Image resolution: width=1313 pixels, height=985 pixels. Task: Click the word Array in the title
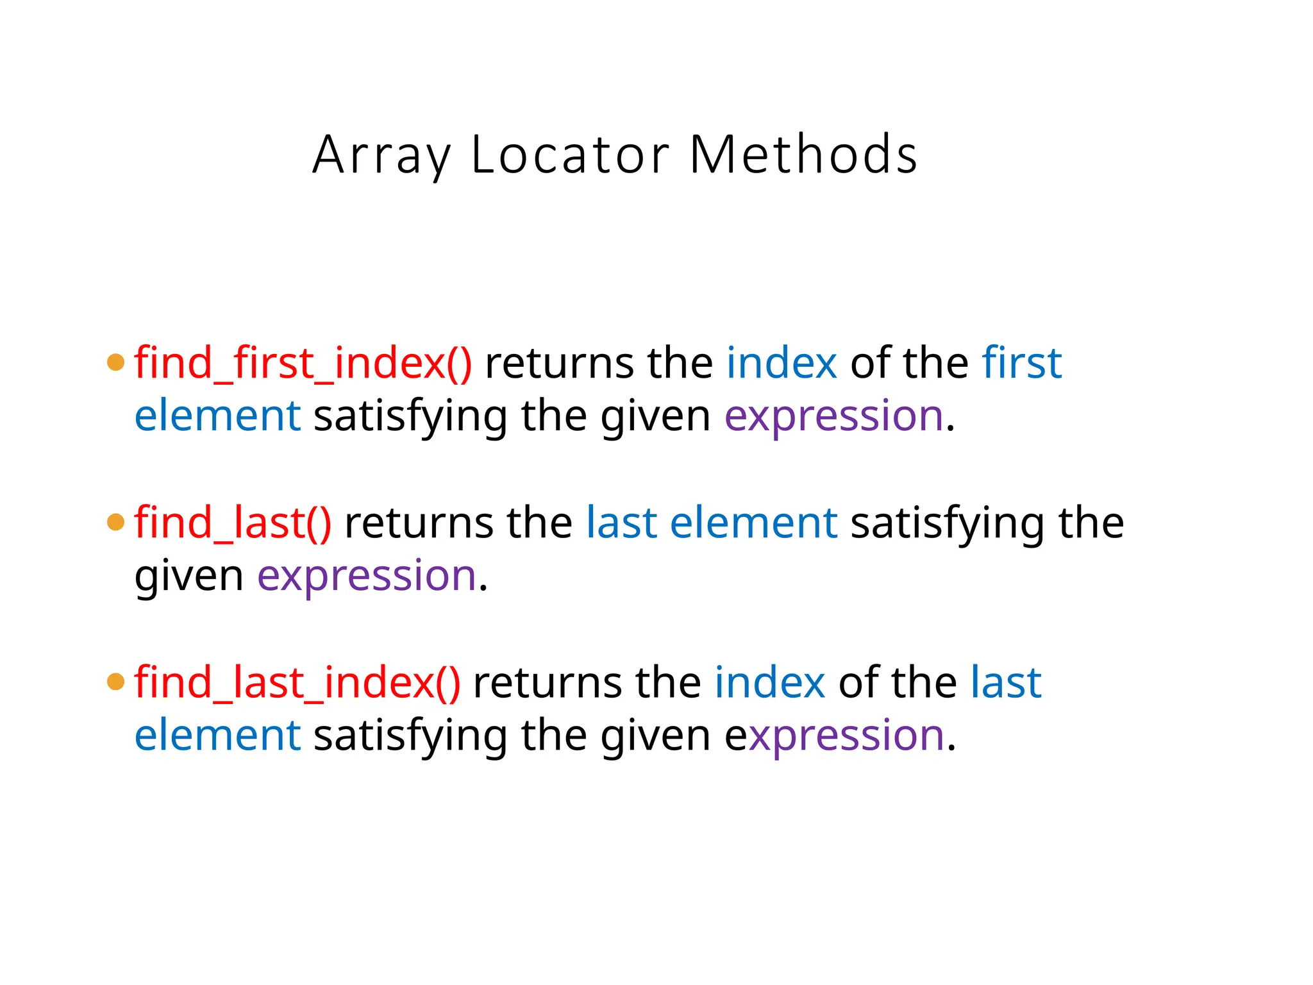click(382, 155)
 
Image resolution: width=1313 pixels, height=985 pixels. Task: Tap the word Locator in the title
click(571, 155)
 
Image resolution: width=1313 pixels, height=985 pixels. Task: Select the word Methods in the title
click(803, 155)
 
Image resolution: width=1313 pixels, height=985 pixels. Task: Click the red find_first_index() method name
click(303, 363)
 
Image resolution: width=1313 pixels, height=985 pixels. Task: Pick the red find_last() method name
click(233, 522)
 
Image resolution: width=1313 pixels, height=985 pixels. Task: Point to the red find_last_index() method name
click(297, 682)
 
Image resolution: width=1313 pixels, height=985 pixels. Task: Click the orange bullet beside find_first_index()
click(116, 362)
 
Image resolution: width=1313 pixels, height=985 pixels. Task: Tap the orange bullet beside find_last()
click(116, 522)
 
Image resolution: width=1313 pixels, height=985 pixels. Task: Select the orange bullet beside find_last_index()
click(116, 682)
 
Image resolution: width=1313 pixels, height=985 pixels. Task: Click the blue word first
click(1022, 363)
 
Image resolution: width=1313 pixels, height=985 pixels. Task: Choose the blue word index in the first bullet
click(782, 363)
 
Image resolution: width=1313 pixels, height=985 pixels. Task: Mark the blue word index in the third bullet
click(770, 682)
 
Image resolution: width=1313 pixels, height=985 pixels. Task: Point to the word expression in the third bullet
click(834, 736)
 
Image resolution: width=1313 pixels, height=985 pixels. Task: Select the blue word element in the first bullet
click(217, 416)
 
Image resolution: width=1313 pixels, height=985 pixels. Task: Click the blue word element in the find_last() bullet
click(753, 522)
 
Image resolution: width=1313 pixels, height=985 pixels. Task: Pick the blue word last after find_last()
click(621, 522)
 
